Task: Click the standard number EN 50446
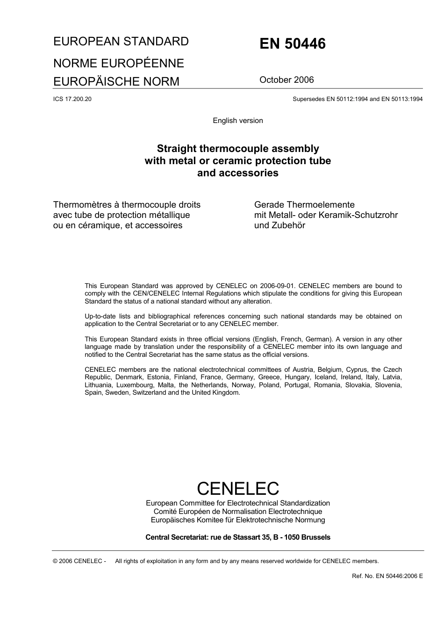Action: [292, 44]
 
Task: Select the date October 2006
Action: [286, 80]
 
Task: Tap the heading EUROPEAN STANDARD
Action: [121, 42]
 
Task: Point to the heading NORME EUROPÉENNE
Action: [119, 63]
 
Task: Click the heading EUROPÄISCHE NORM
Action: [116, 81]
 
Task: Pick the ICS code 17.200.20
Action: [72, 99]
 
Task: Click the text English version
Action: [238, 121]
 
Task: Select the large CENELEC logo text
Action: [238, 489]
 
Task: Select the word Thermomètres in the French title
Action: [82, 205]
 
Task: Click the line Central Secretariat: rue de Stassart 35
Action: [238, 537]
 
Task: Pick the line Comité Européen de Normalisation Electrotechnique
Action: [238, 512]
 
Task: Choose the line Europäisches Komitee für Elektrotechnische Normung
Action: [238, 520]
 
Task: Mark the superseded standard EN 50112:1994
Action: [345, 99]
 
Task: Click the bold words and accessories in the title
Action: [238, 173]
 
